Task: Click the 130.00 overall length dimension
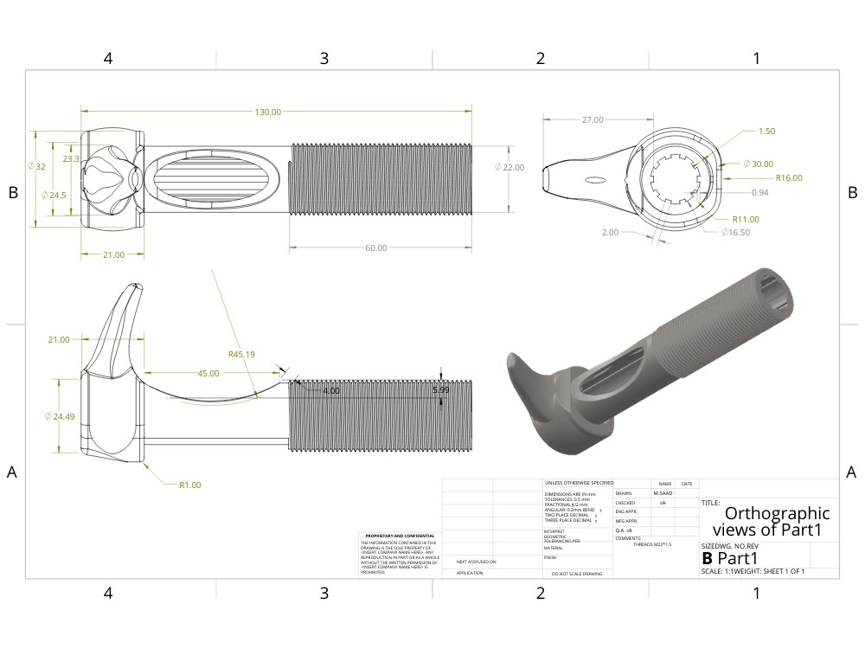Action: (x=267, y=112)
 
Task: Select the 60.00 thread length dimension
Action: (x=376, y=248)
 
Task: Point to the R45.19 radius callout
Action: (x=241, y=354)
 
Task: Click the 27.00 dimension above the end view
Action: (x=593, y=120)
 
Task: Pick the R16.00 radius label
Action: (x=789, y=177)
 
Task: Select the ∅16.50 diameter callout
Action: (x=734, y=232)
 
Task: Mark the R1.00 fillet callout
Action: (x=190, y=485)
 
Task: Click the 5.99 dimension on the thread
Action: (x=441, y=390)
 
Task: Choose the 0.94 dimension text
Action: (x=760, y=192)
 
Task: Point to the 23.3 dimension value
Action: (x=71, y=159)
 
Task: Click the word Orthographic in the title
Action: (x=776, y=513)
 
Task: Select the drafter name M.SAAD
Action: (x=663, y=492)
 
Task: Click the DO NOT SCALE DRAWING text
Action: (x=576, y=574)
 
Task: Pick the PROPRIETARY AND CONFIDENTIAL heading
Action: (x=400, y=536)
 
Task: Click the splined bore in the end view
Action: (x=679, y=180)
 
